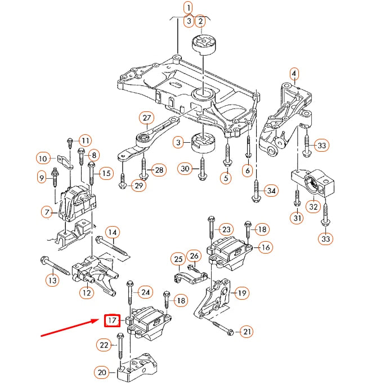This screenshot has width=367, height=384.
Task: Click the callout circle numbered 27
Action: click(x=147, y=118)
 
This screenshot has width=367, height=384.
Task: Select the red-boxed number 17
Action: click(x=112, y=321)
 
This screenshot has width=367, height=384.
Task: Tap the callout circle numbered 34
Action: click(x=271, y=191)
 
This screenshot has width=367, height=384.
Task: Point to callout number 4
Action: click(x=294, y=74)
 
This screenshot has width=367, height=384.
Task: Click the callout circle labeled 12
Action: click(x=86, y=292)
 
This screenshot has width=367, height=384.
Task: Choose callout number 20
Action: click(x=102, y=372)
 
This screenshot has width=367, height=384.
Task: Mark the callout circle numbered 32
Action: click(x=314, y=207)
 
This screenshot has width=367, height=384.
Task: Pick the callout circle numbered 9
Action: click(x=41, y=178)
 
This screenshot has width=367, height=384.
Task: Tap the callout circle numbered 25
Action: click(x=178, y=259)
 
